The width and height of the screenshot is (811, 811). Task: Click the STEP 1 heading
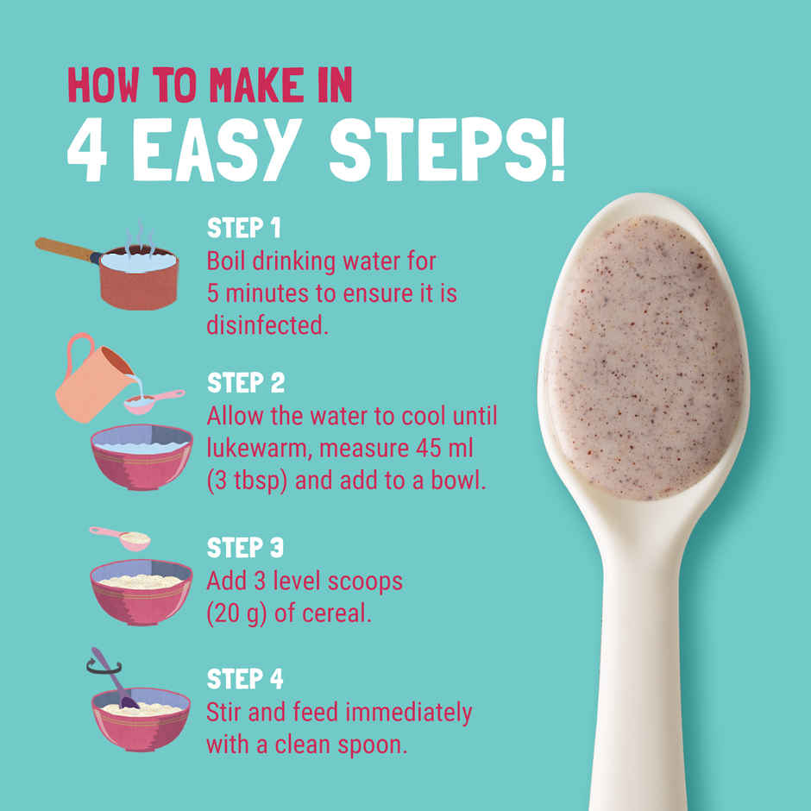pos(244,229)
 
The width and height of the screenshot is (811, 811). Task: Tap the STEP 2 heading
pos(246,383)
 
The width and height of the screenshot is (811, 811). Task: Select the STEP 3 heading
pos(246,548)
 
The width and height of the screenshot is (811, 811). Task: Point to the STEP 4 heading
pos(246,680)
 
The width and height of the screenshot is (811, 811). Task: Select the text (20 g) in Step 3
pos(236,614)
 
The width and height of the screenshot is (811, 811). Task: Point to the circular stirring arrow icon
pos(102,663)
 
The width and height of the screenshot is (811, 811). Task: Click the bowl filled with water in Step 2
pos(141,458)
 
